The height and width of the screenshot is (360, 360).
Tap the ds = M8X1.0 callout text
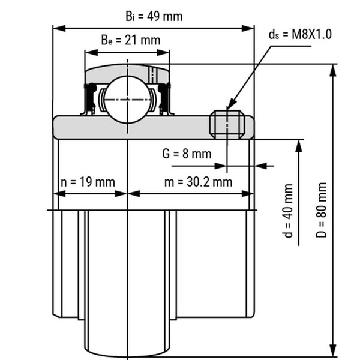tap(300, 34)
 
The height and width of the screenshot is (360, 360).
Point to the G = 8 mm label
tap(187, 154)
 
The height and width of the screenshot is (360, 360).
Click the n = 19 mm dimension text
tap(88, 182)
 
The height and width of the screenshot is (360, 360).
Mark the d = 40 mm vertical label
tap(289, 211)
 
